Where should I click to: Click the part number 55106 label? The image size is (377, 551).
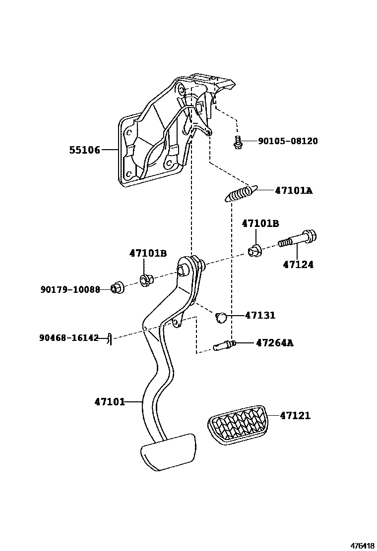[84, 150]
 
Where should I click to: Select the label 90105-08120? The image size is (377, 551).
[288, 141]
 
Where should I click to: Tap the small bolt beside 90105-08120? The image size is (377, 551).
[238, 142]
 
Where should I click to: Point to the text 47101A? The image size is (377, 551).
[294, 190]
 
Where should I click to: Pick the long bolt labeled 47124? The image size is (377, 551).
[298, 239]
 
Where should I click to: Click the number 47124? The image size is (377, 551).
[298, 265]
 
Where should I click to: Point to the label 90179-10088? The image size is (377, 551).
[70, 289]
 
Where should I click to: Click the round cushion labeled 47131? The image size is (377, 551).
[222, 317]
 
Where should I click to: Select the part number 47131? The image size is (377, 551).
[260, 315]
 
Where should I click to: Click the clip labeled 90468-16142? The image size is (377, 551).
[109, 338]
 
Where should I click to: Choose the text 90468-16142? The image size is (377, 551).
[69, 338]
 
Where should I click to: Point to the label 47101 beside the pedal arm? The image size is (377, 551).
[110, 402]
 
